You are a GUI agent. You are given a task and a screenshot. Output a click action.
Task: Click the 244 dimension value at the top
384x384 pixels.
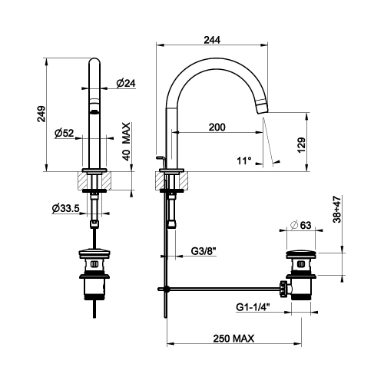point(212,40)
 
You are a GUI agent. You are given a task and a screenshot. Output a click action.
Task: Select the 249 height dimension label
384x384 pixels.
point(41,114)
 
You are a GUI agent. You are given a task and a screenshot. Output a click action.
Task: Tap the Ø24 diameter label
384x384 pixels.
point(126,83)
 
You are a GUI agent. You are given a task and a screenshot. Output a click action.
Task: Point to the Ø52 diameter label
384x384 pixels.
point(65,133)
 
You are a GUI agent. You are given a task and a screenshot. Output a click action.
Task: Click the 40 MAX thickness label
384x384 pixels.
point(126,141)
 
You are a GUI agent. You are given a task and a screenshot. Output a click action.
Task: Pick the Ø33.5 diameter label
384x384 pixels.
point(65,209)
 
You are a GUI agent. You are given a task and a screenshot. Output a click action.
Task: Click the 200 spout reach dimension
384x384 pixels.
point(217,127)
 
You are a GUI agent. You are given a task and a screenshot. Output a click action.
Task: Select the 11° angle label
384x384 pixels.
point(244,161)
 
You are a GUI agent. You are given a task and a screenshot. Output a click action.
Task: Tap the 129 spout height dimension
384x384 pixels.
point(301,145)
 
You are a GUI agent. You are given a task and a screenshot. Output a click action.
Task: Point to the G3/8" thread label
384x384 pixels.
point(204,251)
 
